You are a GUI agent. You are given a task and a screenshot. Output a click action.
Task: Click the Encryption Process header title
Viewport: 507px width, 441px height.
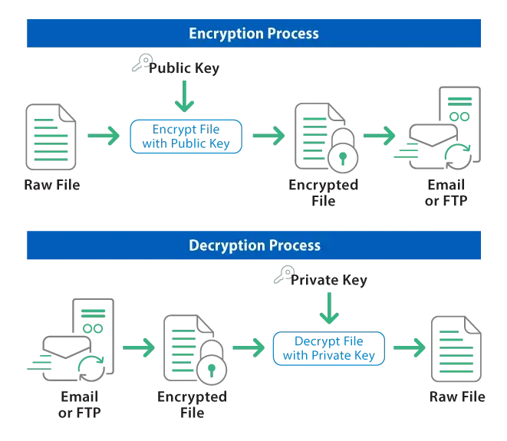[x=254, y=34]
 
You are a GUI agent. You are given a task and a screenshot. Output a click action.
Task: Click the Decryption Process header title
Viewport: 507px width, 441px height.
[x=254, y=246]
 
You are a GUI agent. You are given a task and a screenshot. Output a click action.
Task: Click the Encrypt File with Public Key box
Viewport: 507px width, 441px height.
[x=188, y=135]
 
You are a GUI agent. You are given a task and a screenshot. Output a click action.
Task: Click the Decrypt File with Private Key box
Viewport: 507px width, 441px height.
[x=329, y=349]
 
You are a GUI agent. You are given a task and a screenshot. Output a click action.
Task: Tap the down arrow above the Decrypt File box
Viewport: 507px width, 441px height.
[x=329, y=313]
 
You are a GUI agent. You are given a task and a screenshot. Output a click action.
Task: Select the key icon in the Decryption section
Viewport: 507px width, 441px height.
[x=281, y=276]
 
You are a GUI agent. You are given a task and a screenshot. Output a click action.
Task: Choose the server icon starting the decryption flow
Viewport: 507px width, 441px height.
[x=73, y=341]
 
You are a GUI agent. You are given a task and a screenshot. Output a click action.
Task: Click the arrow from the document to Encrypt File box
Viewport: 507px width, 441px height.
[x=104, y=136]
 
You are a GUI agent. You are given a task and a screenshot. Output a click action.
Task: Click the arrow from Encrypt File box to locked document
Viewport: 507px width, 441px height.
[x=269, y=136]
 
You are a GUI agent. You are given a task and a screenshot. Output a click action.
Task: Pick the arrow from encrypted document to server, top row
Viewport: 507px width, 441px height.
[x=379, y=136]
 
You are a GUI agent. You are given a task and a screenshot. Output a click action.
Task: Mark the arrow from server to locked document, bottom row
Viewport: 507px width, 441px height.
[x=138, y=348]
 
